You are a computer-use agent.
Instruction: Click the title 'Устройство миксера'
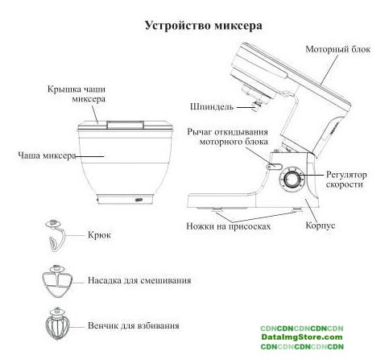click(204, 26)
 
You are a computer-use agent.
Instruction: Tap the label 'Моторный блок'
click(337, 49)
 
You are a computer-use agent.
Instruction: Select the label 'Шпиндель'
click(212, 106)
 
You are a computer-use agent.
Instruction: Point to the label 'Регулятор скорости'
click(346, 180)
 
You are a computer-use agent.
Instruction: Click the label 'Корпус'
click(321, 226)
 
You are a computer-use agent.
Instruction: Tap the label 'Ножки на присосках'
click(228, 226)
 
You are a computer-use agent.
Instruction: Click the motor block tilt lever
click(274, 167)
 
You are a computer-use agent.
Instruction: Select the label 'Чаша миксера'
click(47, 155)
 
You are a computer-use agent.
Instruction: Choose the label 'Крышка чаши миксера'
click(77, 94)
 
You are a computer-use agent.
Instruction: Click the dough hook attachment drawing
click(56, 235)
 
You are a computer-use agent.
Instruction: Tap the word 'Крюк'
click(99, 235)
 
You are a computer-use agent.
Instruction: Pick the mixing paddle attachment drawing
click(57, 281)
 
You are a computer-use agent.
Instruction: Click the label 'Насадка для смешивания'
click(139, 280)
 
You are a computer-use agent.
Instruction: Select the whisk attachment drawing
click(57, 324)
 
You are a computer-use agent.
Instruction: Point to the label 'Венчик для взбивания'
click(134, 325)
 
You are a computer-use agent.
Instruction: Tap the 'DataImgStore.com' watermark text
click(302, 337)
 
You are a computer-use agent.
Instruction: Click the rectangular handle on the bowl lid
click(125, 125)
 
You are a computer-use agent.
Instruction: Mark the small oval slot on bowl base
click(139, 200)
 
